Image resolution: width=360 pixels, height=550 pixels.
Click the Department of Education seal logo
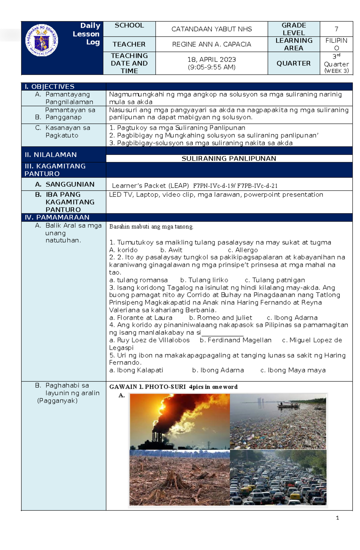click(x=42, y=40)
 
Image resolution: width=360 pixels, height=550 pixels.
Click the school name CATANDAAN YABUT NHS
click(x=211, y=29)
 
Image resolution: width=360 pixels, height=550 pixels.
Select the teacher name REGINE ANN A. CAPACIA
click(x=211, y=44)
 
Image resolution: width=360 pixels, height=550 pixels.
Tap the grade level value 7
click(x=336, y=29)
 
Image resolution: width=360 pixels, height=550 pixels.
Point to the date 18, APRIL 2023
click(x=211, y=59)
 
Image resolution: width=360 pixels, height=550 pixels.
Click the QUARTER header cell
click(x=293, y=63)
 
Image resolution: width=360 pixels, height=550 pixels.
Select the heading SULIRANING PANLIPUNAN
click(x=229, y=159)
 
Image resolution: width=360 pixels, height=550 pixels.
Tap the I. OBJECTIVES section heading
click(x=49, y=87)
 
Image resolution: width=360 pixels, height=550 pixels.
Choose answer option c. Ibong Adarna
click(x=292, y=318)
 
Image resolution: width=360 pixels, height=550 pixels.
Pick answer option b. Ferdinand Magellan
click(x=235, y=340)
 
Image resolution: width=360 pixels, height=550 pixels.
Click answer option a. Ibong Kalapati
click(x=136, y=370)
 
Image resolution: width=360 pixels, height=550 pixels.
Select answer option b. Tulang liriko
click(x=204, y=280)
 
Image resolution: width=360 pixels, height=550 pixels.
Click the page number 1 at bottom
click(x=337, y=518)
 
